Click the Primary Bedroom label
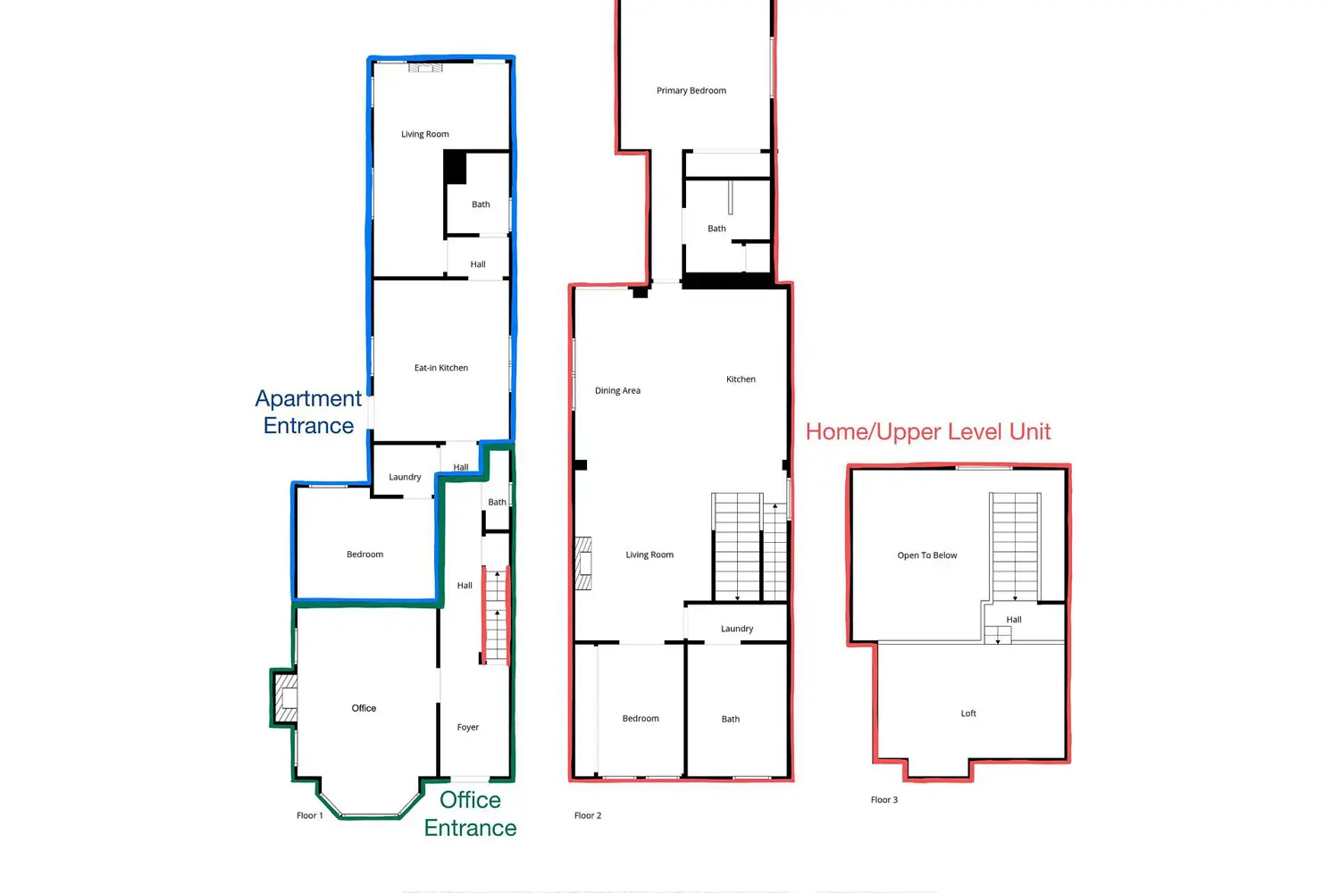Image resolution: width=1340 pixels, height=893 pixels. (691, 90)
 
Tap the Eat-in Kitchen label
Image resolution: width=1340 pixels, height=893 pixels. (441, 368)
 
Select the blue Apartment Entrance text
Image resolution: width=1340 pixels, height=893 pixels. (308, 412)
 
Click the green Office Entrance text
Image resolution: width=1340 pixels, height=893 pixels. (470, 814)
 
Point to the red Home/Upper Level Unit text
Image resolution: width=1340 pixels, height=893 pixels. (928, 432)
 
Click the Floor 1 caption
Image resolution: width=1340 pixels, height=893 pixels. (309, 815)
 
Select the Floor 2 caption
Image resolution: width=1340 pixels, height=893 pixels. (588, 815)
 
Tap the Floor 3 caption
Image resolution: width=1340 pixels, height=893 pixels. (884, 800)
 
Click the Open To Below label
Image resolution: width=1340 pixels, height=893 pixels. (926, 555)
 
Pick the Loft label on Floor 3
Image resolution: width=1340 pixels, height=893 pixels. (967, 713)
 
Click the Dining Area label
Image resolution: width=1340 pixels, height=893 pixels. (617, 390)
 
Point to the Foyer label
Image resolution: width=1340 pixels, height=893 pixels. (468, 727)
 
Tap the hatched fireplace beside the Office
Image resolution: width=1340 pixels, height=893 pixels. (285, 698)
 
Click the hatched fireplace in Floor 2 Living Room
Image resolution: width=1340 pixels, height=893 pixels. (583, 563)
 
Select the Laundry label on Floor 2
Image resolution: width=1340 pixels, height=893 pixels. (736, 629)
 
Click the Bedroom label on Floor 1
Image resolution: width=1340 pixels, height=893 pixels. (364, 555)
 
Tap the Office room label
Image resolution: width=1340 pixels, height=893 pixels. (364, 708)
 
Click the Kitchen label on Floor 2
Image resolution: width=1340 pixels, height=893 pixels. (741, 380)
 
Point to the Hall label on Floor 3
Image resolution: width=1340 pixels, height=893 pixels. (1013, 620)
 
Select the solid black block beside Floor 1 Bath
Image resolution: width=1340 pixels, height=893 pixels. (455, 167)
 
